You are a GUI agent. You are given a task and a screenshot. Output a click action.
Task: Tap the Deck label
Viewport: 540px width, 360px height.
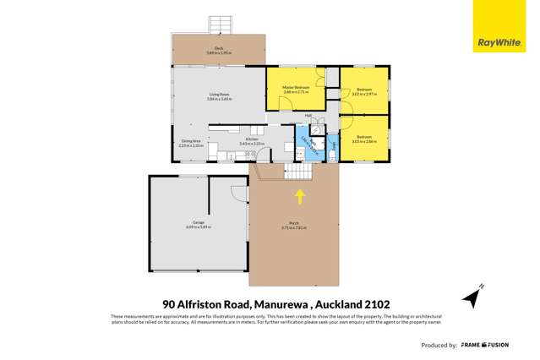(218, 51)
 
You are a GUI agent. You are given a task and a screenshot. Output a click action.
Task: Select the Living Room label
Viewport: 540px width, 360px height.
(218, 97)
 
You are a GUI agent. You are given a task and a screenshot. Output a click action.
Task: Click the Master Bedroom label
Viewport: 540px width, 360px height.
(303, 89)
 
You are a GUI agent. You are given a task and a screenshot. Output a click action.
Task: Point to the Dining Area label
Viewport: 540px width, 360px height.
(191, 142)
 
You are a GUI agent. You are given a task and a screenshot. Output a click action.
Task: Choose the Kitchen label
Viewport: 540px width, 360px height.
(246, 142)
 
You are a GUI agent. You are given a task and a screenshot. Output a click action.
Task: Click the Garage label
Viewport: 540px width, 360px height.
(196, 226)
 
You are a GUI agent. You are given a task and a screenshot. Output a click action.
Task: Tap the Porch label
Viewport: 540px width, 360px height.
(293, 226)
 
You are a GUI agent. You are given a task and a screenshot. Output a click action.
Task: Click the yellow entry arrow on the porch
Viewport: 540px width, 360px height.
(299, 197)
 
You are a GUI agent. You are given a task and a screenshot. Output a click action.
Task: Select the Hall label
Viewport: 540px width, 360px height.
(309, 116)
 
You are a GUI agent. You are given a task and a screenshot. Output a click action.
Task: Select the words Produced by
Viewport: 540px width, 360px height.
(439, 346)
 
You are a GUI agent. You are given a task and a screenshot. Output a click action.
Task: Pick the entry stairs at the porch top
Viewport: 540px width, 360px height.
(297, 171)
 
